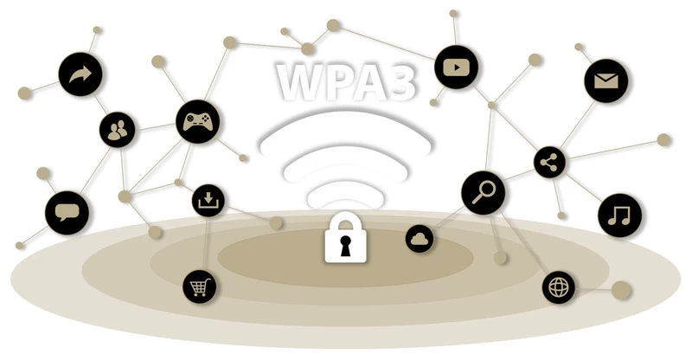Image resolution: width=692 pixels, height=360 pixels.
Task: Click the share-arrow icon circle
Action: [80, 74]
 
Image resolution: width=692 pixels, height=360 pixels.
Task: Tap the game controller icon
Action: [197, 121]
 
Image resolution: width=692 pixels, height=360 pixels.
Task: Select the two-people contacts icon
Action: [117, 130]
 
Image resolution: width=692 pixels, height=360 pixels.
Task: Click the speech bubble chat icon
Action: [67, 213]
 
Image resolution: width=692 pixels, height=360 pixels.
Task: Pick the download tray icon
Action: [208, 201]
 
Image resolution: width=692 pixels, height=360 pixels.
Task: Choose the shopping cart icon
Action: [200, 286]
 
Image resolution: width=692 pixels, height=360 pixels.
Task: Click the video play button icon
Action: [457, 67]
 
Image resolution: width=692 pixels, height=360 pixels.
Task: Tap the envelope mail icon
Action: [606, 81]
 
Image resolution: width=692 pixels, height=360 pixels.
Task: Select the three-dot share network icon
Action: [549, 163]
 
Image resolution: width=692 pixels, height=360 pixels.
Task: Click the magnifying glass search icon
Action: [484, 193]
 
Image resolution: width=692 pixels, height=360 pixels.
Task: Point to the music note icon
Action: [619, 215]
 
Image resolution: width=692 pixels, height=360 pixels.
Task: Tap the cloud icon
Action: [420, 239]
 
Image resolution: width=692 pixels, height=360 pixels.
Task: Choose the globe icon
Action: [559, 287]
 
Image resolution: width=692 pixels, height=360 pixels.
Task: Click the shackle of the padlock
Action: [346, 219]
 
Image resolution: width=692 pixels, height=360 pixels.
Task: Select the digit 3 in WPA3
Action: [396, 82]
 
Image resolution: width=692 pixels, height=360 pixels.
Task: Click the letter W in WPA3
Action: [302, 82]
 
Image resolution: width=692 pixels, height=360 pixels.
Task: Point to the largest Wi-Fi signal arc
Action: [345, 128]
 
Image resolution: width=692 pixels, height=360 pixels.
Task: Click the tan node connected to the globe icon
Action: [621, 290]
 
